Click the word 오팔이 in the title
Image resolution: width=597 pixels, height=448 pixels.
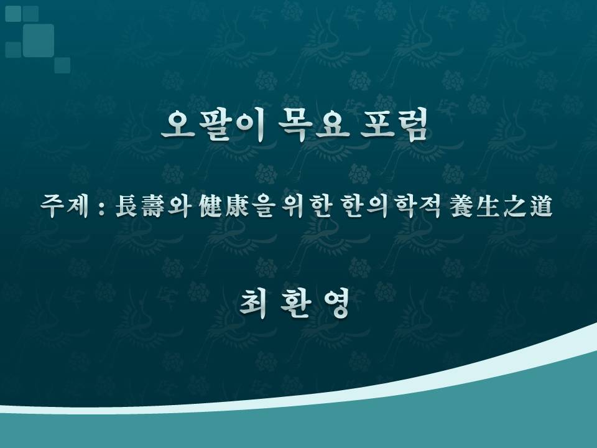coord(213,125)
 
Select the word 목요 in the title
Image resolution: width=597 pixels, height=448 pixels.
coord(313,125)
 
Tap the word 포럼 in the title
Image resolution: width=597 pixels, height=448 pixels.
coord(394,125)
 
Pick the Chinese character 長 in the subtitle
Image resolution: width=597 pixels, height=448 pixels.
coord(127,206)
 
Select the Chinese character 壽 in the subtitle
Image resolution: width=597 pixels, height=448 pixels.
coord(153,206)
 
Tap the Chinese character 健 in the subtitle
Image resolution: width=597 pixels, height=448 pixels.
coord(211,206)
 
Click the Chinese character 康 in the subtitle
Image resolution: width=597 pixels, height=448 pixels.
coord(237,206)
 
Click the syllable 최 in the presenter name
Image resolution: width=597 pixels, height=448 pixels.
coord(253,303)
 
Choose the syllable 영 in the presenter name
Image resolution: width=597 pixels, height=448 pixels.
coord(336,303)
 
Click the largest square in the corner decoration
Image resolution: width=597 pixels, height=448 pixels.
coord(38,40)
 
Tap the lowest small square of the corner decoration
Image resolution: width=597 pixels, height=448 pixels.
coord(62,65)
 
